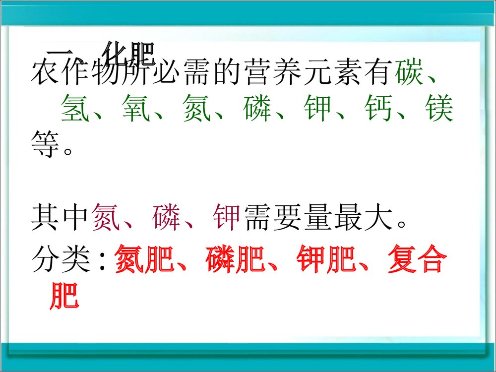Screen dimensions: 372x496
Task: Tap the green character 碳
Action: pos(410,74)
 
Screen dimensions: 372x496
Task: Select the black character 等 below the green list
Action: pos(45,145)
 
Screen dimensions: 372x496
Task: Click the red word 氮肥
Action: pos(144,261)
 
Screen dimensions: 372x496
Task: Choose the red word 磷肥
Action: pos(236,261)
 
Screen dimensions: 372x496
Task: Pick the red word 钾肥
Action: pos(327,261)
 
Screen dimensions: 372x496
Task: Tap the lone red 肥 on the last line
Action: pos(64,297)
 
